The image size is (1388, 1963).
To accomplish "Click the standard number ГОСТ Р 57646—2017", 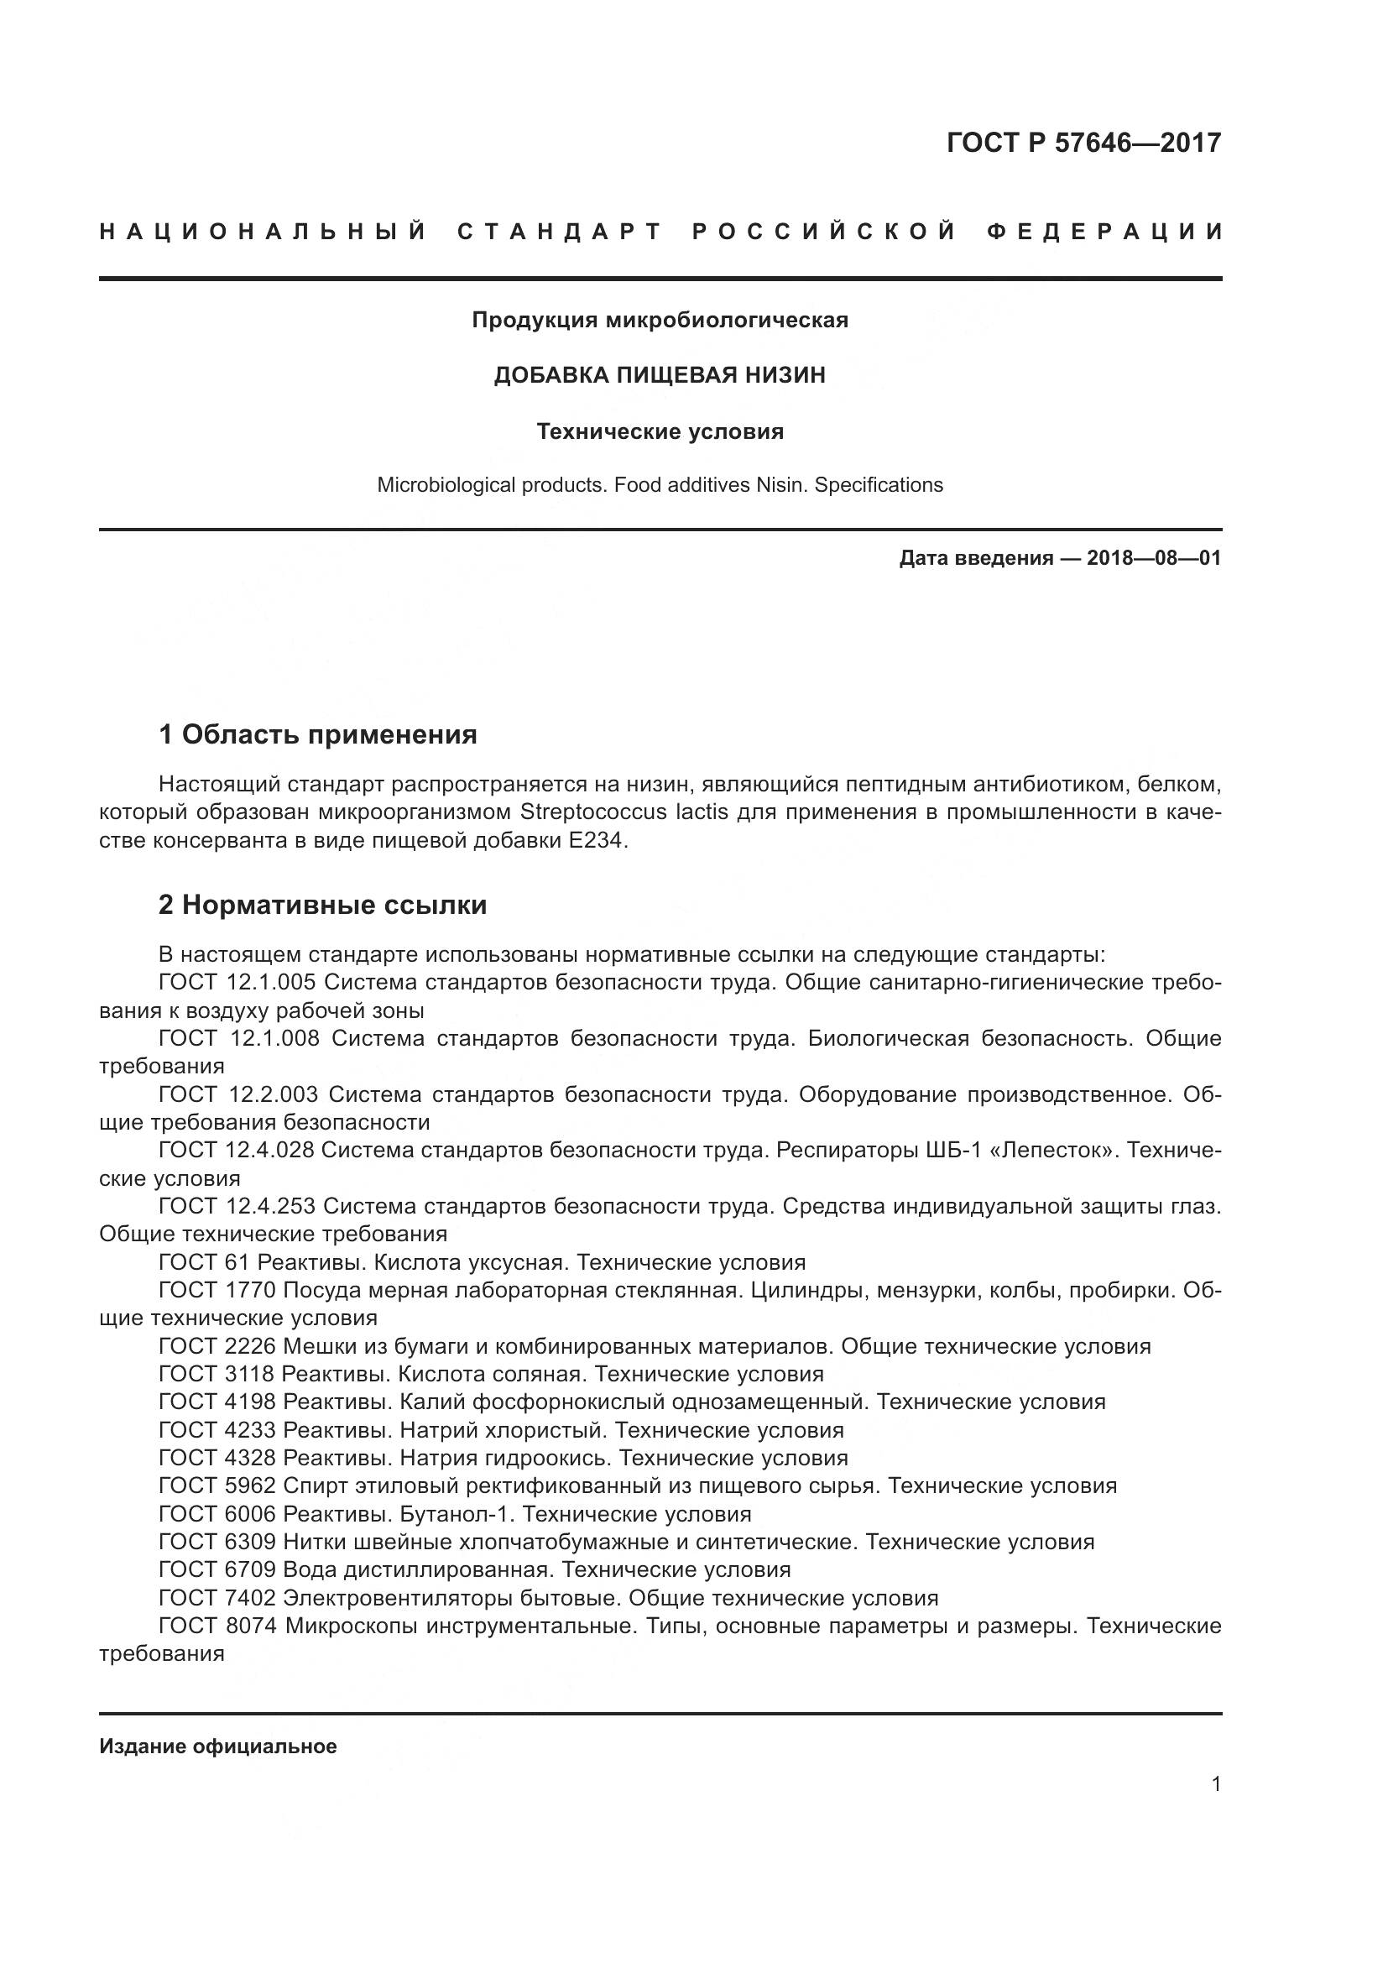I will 1083,142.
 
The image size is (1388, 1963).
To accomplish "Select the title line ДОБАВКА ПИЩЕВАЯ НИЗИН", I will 660,375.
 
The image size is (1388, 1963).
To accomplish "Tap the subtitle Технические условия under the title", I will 660,431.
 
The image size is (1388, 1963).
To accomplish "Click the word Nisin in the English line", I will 781,486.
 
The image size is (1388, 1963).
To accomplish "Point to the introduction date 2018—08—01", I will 1153,559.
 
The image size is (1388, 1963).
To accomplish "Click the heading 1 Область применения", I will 317,734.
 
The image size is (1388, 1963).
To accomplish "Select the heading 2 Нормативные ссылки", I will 322,905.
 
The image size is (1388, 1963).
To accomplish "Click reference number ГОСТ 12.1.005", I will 237,983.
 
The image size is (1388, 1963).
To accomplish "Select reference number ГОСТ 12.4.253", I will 237,1206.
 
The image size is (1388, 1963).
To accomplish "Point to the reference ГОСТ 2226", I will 217,1346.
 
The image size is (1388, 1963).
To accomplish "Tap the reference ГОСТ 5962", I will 217,1487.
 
